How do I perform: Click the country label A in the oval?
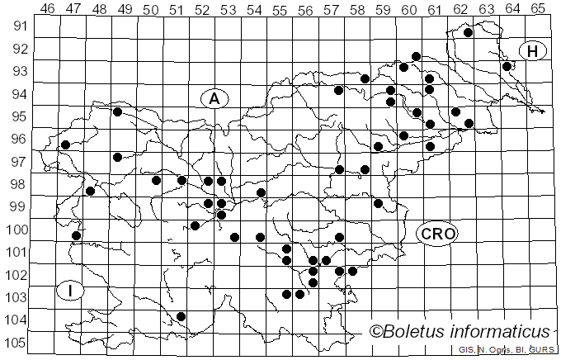214,99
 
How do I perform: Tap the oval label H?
533,51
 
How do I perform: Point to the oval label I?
72,290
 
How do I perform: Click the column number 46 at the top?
48,9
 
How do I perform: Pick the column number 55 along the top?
280,9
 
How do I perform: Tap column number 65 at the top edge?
537,9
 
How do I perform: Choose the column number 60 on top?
408,9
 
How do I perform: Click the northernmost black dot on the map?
468,33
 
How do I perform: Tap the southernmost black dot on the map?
181,316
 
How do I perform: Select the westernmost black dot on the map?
65,145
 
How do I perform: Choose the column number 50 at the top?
151,9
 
